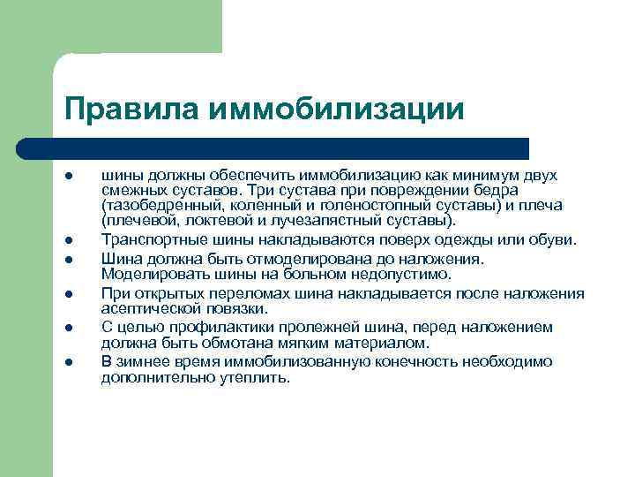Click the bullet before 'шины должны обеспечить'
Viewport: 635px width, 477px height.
coord(67,175)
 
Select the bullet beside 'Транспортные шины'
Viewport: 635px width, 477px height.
coord(67,239)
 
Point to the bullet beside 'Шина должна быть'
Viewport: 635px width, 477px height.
coord(67,260)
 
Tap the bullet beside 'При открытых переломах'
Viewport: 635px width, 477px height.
coord(67,293)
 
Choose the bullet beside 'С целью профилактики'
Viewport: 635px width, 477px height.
coord(67,327)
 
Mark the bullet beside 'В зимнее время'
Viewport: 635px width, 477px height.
coord(67,360)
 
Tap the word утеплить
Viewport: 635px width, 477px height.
coord(252,376)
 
